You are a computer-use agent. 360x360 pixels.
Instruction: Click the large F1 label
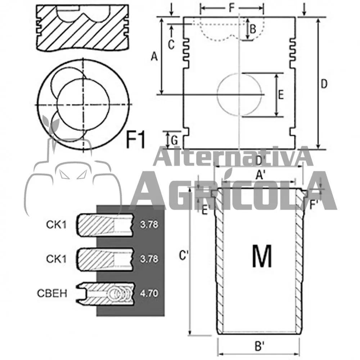(x=136, y=139)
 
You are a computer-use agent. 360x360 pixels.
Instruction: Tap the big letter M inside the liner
(x=262, y=256)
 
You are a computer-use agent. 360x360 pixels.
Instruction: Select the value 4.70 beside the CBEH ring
(x=149, y=293)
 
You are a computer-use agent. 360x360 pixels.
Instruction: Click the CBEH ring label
(x=52, y=293)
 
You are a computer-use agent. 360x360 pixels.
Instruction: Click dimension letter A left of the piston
(x=154, y=57)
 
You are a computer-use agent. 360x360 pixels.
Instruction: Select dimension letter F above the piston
(x=232, y=8)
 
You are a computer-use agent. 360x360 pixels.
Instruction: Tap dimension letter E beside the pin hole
(x=281, y=95)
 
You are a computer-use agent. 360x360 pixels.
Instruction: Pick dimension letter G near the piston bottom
(x=175, y=140)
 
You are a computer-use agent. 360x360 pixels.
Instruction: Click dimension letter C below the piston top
(x=171, y=45)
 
